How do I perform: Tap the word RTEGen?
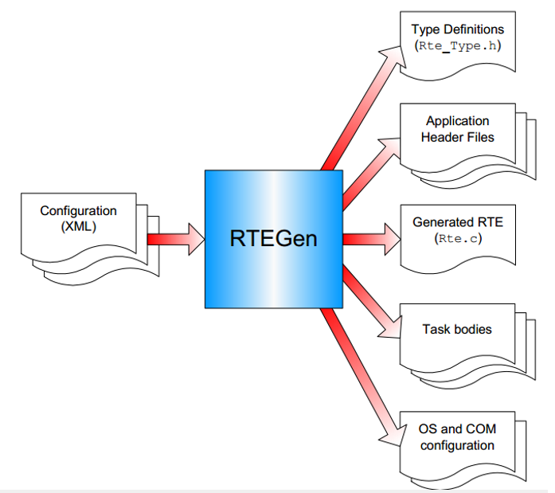pyautogui.click(x=273, y=238)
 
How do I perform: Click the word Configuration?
pyautogui.click(x=78, y=211)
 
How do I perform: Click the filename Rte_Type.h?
pyautogui.click(x=457, y=45)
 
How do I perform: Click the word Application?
pyautogui.click(x=457, y=121)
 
